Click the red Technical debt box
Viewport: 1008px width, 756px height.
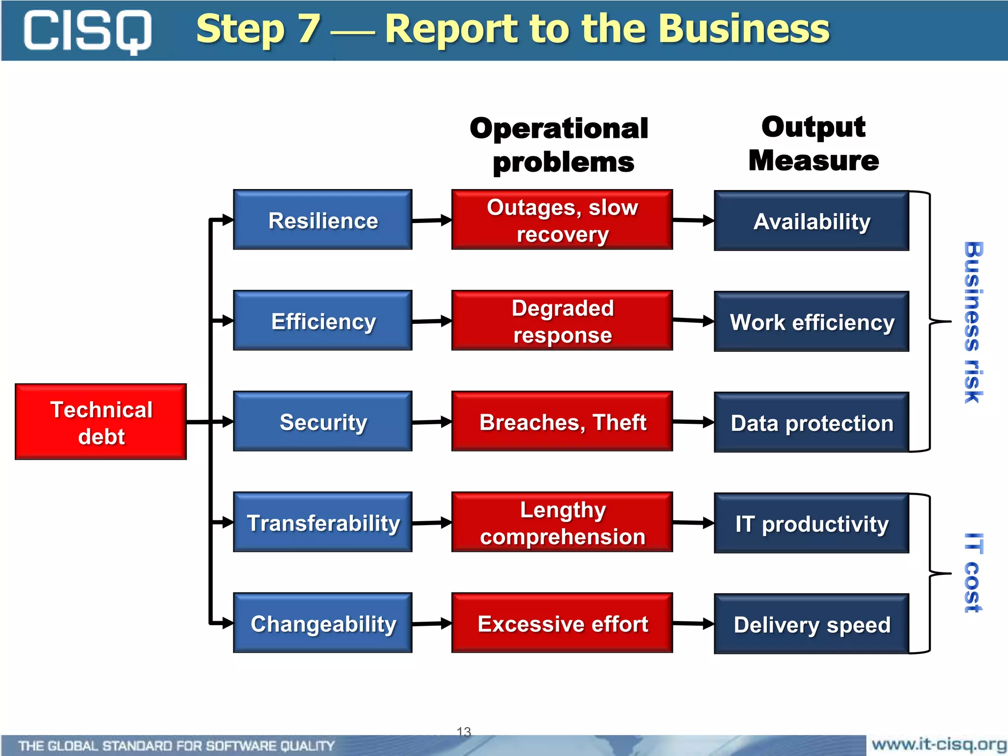[x=101, y=422]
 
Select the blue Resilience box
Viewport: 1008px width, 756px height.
[x=322, y=220]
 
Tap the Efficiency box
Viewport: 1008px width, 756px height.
[x=322, y=321]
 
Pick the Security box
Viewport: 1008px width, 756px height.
[x=322, y=422]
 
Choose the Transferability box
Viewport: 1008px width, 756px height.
[x=322, y=522]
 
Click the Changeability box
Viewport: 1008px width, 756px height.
[x=322, y=623]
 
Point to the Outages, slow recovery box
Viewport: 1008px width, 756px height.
[x=562, y=220]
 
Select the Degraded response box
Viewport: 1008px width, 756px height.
[x=562, y=321]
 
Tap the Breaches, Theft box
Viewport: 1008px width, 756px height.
[x=562, y=422]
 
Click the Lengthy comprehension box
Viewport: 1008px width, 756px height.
[x=562, y=522]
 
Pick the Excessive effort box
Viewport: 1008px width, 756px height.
[x=562, y=623]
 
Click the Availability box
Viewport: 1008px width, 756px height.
[x=811, y=221]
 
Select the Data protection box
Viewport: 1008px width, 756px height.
[x=811, y=423]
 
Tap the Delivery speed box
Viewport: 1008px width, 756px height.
[x=811, y=624]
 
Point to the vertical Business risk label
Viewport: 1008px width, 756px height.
[x=973, y=322]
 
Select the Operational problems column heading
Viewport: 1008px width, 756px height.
[x=560, y=145]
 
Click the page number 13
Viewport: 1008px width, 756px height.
[x=464, y=732]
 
